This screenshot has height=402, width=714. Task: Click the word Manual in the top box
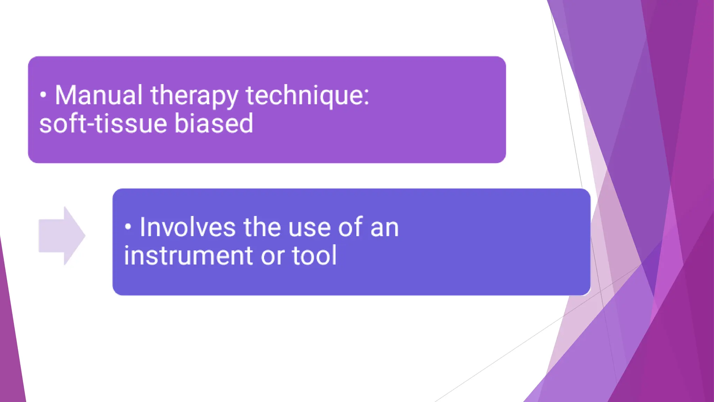click(99, 95)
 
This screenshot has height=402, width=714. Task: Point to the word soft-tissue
click(103, 124)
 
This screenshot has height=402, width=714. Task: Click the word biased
click(213, 124)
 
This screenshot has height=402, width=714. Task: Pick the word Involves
click(188, 228)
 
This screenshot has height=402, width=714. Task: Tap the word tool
click(314, 256)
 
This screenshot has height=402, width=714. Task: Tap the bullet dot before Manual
click(43, 95)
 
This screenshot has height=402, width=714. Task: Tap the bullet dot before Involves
click(128, 227)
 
